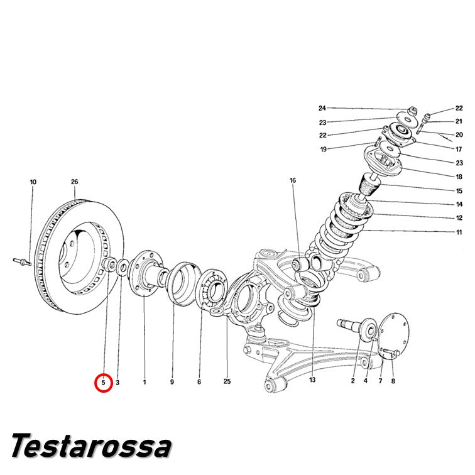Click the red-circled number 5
tap(103, 383)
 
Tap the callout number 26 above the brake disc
tap(75, 182)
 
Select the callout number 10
tap(33, 182)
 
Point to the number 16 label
tap(293, 180)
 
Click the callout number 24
tap(322, 108)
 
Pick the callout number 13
tap(312, 380)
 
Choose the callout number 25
tap(227, 382)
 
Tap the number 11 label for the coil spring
tap(459, 232)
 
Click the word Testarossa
tap(91, 445)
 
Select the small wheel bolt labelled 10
tap(23, 261)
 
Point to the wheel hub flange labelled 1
tap(145, 273)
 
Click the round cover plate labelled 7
tap(394, 337)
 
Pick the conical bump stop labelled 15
tap(369, 184)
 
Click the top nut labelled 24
tap(412, 111)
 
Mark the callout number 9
tap(172, 382)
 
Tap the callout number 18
tap(459, 177)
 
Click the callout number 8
tap(393, 381)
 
